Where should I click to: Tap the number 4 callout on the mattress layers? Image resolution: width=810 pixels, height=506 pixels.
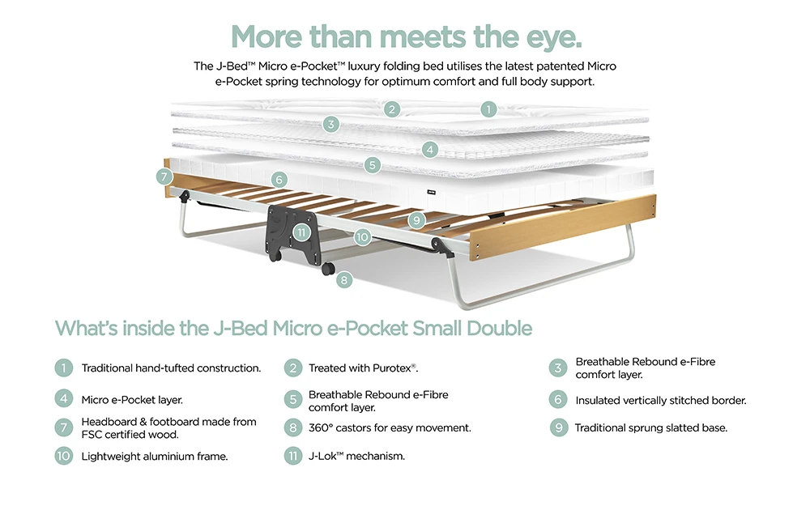[x=430, y=149]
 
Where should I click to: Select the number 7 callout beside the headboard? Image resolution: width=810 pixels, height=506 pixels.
[x=164, y=176]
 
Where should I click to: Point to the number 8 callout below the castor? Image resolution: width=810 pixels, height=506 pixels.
[x=345, y=280]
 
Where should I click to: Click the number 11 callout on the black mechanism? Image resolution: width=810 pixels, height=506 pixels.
[x=301, y=232]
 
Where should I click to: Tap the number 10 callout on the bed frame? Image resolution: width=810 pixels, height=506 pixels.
[x=361, y=237]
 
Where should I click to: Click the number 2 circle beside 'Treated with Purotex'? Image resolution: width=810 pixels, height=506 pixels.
[x=292, y=368]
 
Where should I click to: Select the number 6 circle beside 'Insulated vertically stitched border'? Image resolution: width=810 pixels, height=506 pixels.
[x=558, y=400]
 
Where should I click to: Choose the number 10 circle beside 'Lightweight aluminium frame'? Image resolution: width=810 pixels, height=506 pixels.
[x=64, y=456]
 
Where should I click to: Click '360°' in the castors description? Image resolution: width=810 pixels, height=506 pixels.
[x=321, y=427]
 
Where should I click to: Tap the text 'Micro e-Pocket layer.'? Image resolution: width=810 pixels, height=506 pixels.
[x=132, y=400]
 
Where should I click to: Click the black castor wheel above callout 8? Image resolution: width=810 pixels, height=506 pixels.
[x=329, y=268]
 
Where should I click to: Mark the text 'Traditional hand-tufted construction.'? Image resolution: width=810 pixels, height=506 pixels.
[x=171, y=368]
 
